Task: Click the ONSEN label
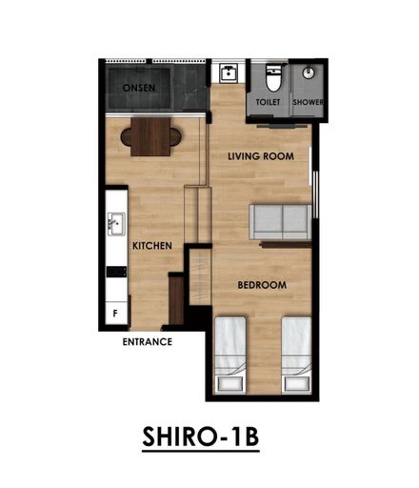139,88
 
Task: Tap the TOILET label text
268,102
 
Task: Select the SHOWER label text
308,102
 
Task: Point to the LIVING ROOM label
261,156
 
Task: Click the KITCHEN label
152,246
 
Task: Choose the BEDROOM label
262,285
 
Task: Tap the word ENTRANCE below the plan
148,342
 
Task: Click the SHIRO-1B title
201,437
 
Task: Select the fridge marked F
116,313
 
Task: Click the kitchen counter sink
116,224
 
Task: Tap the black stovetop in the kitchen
116,272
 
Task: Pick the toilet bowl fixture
273,78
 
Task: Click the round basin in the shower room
308,72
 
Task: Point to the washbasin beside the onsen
229,73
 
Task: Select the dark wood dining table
150,137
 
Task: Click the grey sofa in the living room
281,222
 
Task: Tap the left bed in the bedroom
230,356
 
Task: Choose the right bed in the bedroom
297,356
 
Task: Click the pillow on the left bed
230,383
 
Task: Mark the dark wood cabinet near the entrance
176,300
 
